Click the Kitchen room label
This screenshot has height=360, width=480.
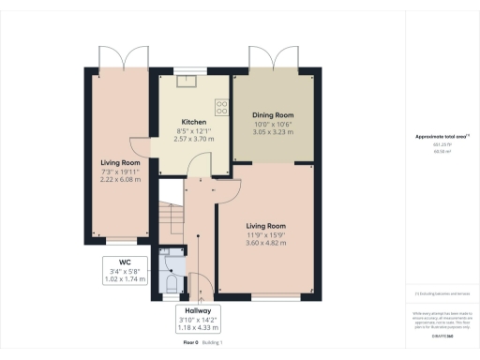pyautogui.click(x=193, y=122)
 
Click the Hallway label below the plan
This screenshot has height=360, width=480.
pyautogui.click(x=202, y=310)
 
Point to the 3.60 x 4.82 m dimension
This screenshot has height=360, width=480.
pyautogui.click(x=271, y=242)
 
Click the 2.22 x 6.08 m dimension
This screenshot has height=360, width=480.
pyautogui.click(x=120, y=179)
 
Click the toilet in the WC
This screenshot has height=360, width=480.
pyautogui.click(x=172, y=280)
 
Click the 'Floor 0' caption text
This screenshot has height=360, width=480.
pyautogui.click(x=191, y=344)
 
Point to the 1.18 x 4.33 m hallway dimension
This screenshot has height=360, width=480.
pyautogui.click(x=202, y=328)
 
